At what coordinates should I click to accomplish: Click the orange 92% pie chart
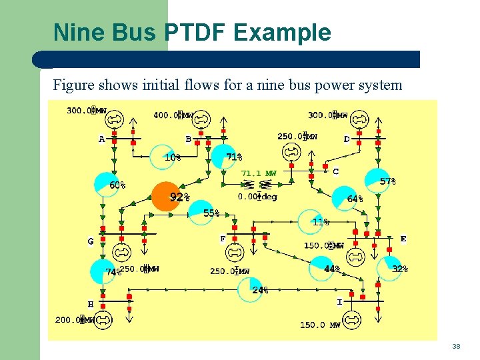(x=166, y=197)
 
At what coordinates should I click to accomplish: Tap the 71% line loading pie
(x=223, y=157)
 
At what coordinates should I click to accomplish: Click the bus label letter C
(x=335, y=171)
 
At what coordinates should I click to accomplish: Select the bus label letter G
(x=91, y=241)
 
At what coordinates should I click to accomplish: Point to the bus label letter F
(x=223, y=239)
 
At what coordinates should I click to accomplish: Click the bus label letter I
(x=339, y=302)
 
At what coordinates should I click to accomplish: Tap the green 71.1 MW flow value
(x=259, y=173)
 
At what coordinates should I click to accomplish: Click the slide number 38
(x=456, y=347)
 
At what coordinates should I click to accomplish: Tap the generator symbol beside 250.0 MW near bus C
(x=291, y=153)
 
